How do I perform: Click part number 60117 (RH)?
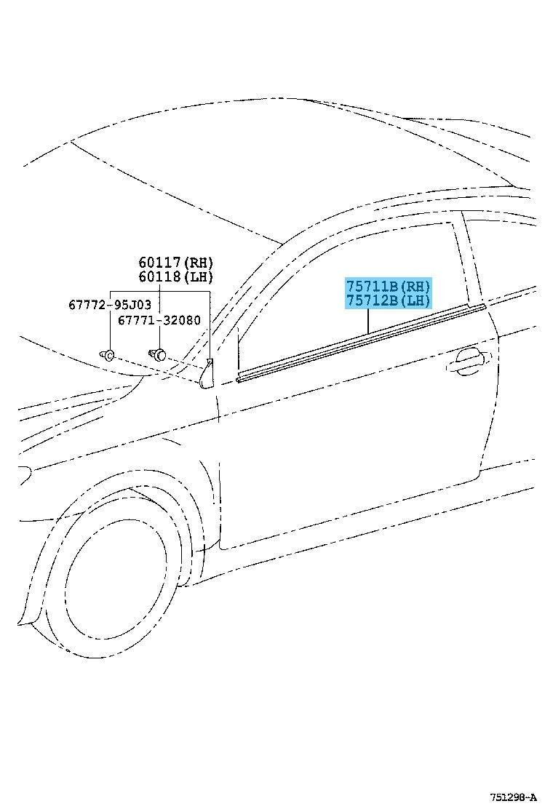point(175,263)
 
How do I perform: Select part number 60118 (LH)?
point(175,277)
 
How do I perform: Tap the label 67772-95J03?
point(110,304)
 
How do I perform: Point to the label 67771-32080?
point(159,320)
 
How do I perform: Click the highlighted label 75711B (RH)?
point(388,286)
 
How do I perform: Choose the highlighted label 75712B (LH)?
point(388,300)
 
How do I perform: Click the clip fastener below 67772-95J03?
point(107,355)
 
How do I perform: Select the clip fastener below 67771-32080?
point(158,354)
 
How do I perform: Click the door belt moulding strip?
point(361,343)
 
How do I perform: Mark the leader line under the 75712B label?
point(368,321)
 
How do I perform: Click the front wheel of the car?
point(116,567)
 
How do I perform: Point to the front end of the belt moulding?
point(239,380)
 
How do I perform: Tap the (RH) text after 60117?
point(198,263)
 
